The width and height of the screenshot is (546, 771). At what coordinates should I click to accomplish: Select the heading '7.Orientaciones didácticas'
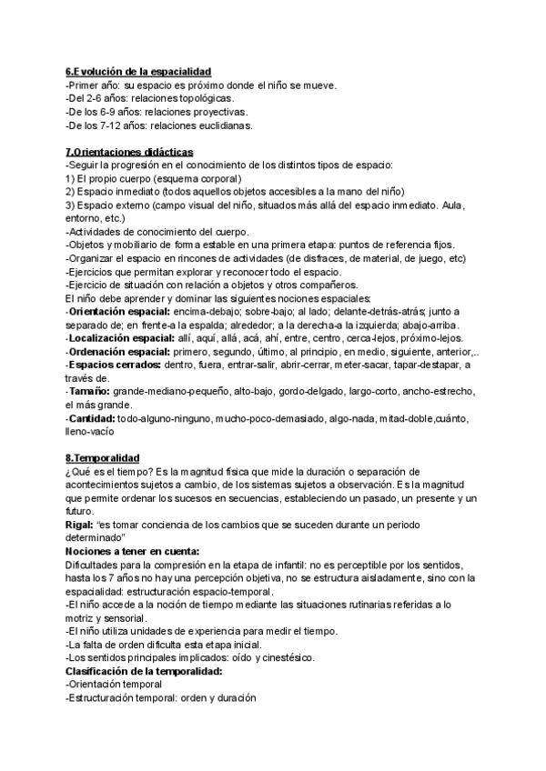point(129,151)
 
